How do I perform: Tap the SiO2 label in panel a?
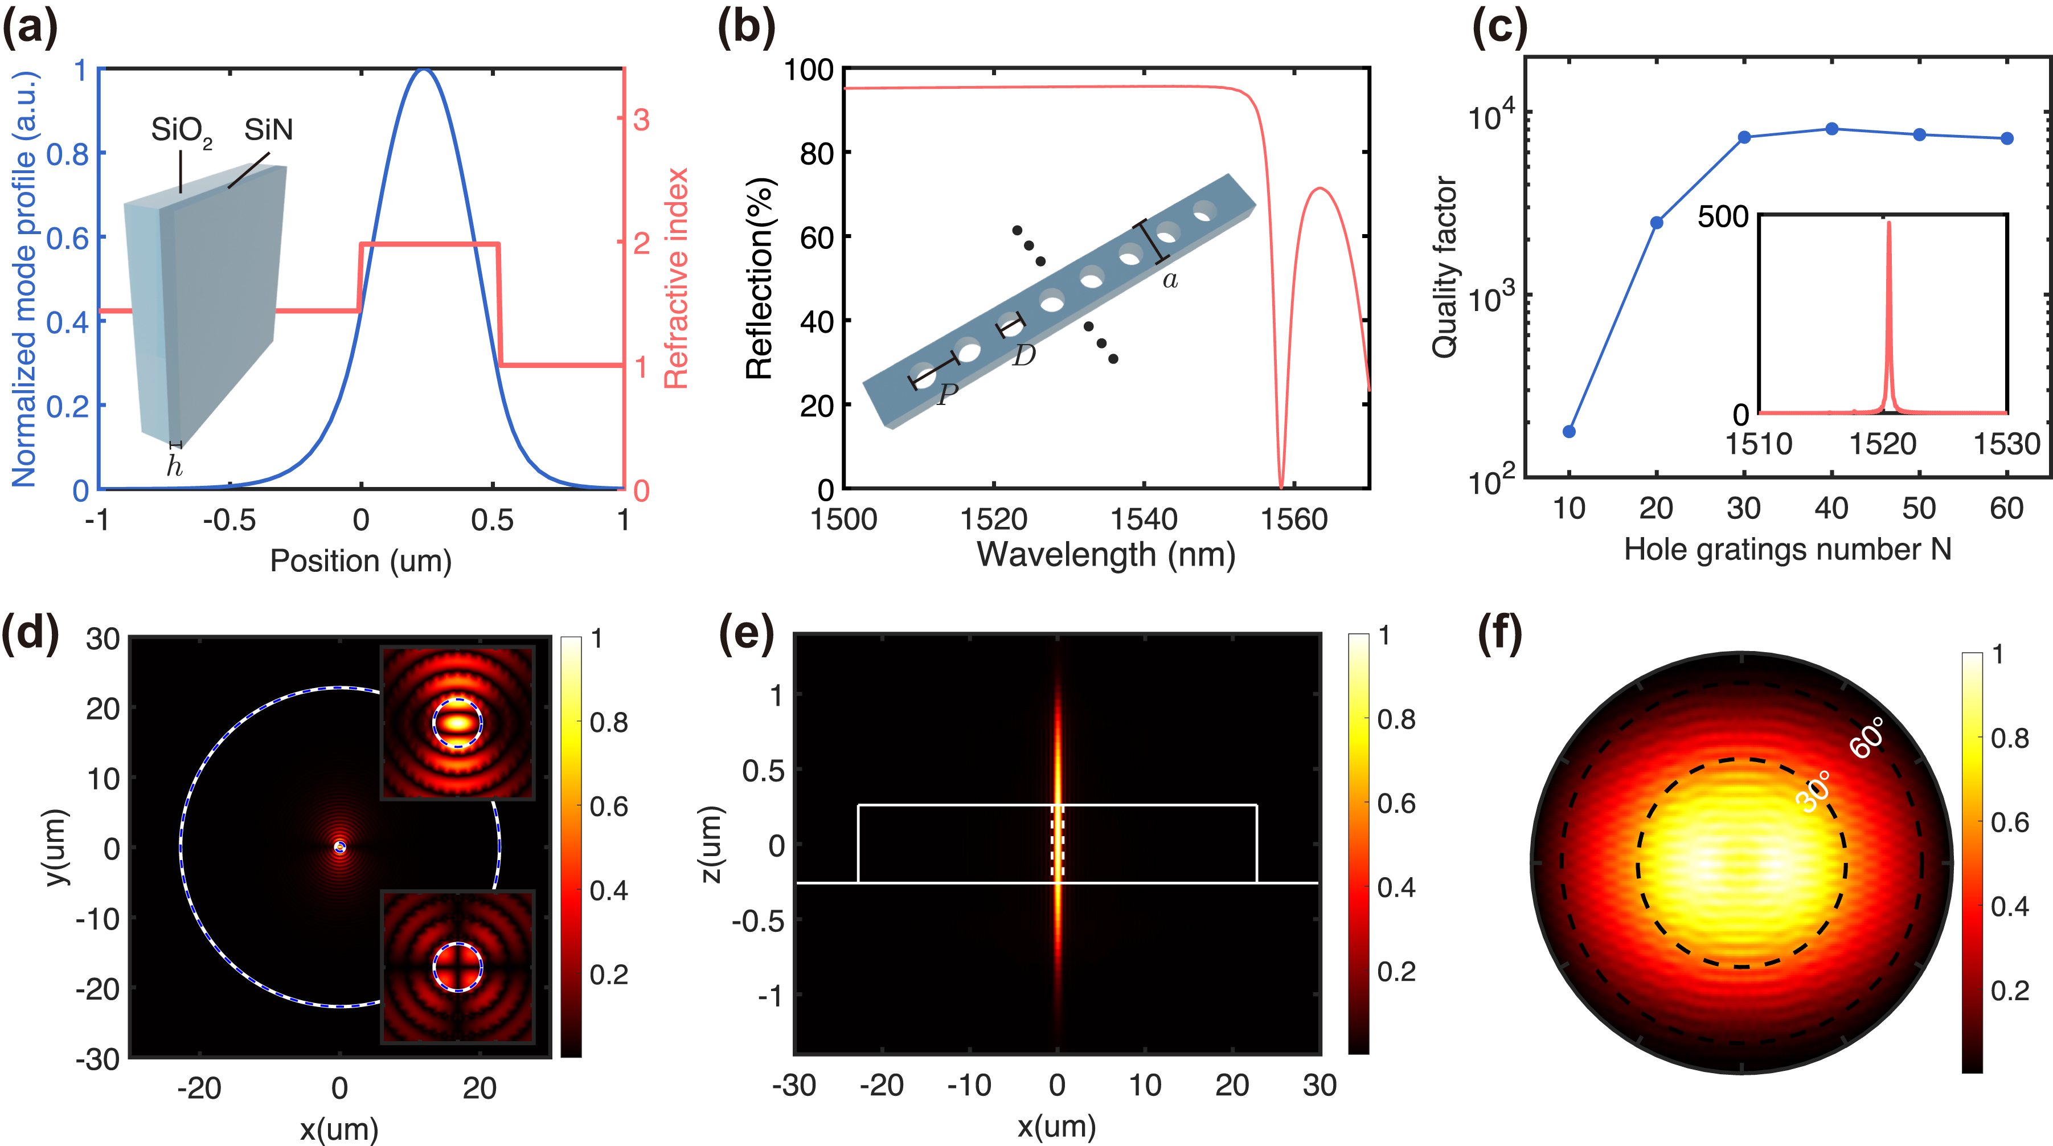pyautogui.click(x=181, y=130)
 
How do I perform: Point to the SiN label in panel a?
pyautogui.click(x=269, y=129)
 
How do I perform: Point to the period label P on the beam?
pyautogui.click(x=947, y=394)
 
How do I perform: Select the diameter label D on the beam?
pyautogui.click(x=1024, y=355)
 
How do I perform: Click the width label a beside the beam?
pyautogui.click(x=1170, y=280)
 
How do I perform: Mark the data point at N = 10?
pyautogui.click(x=1570, y=431)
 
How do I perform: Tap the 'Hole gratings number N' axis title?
pyautogui.click(x=1788, y=550)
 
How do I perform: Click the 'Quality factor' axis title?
pyautogui.click(x=1445, y=267)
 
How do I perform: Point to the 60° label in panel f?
pyautogui.click(x=1867, y=737)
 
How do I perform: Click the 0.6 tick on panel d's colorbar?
pyautogui.click(x=609, y=807)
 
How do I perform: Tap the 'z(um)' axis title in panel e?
pyautogui.click(x=711, y=845)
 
